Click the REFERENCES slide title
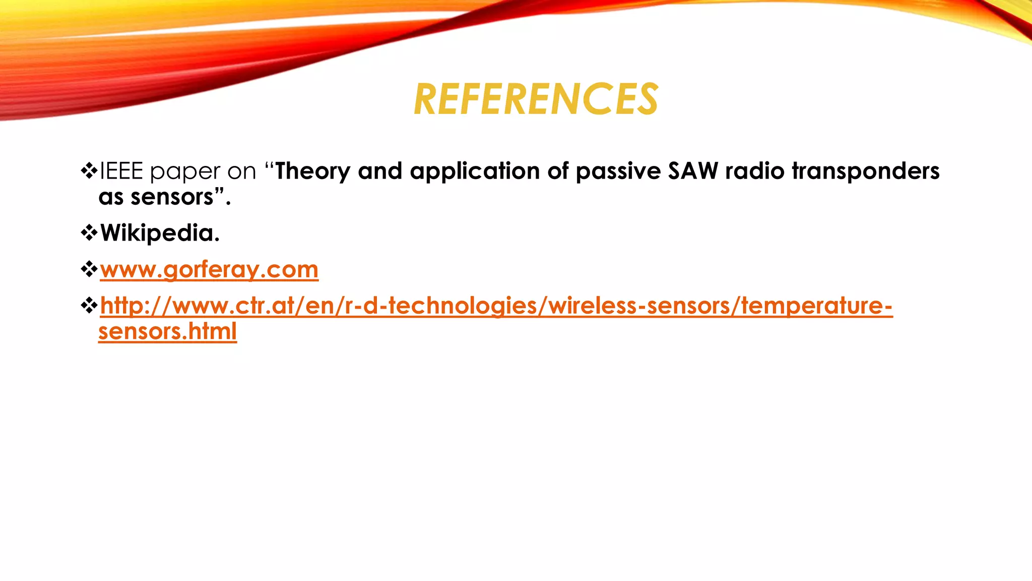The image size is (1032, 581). pos(536,99)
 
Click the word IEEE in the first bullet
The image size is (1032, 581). pos(121,171)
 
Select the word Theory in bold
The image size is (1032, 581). pos(312,171)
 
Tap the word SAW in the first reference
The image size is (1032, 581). pos(693,171)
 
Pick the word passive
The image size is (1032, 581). pos(618,171)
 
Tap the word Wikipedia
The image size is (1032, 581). pos(160,233)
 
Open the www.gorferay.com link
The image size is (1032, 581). pos(209,269)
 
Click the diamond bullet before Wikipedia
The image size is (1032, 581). pos(89,233)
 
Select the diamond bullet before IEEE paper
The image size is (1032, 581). pos(89,171)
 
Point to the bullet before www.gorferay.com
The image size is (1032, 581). pos(89,269)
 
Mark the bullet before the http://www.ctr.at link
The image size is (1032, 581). pos(89,306)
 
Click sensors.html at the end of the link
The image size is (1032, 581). pos(167,331)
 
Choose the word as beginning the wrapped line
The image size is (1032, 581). pos(111,197)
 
